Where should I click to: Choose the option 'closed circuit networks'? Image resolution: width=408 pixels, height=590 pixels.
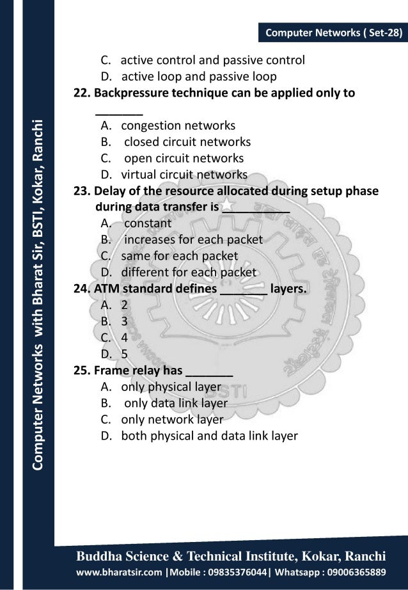187,141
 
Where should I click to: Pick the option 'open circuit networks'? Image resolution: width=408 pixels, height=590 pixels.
183,157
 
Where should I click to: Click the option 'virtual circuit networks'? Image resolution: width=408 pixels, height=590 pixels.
184,174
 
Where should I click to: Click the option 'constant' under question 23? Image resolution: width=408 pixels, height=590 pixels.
147,223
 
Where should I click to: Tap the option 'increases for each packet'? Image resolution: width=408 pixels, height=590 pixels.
192,240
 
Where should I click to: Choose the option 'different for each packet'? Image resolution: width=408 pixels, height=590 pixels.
189,272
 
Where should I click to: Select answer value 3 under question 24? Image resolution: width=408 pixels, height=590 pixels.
125,321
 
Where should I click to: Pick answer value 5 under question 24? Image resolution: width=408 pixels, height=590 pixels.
125,353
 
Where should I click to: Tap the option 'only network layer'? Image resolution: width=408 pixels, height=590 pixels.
172,420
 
